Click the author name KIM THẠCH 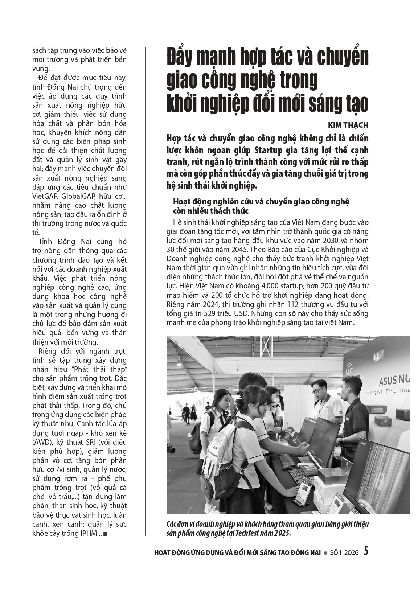(348, 125)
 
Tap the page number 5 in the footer (366, 552)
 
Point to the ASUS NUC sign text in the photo (394, 381)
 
